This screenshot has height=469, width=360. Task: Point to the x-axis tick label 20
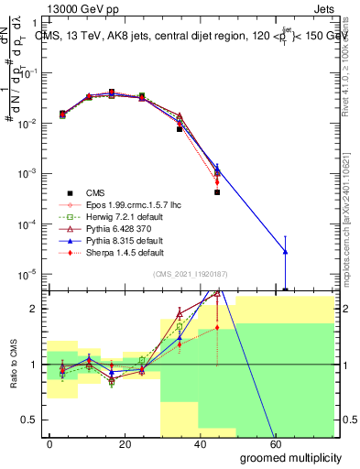coord(123,444)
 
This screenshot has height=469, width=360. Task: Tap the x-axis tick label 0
coord(49,444)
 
